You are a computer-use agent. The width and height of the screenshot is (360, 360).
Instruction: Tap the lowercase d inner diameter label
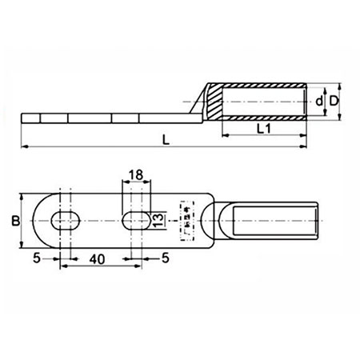320,101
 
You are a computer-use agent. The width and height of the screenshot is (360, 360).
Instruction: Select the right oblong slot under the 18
135,220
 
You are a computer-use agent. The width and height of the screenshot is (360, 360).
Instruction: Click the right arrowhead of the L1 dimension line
306,134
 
